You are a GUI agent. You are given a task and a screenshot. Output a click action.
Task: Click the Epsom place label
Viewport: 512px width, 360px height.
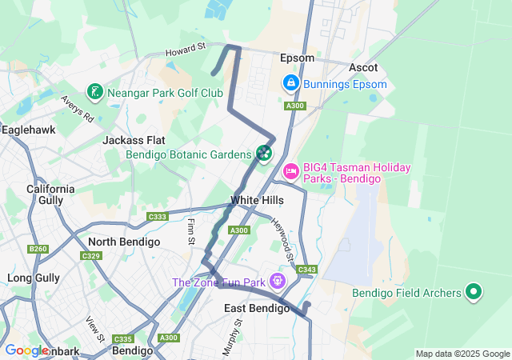click(297, 58)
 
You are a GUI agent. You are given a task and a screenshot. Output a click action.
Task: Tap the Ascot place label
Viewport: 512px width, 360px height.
click(363, 67)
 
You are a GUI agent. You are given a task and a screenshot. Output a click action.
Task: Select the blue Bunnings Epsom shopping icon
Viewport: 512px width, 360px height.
click(290, 83)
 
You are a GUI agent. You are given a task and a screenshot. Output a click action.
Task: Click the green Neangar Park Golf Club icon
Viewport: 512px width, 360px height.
click(95, 92)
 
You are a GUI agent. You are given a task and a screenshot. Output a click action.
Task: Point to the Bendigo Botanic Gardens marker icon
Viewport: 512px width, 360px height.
click(264, 152)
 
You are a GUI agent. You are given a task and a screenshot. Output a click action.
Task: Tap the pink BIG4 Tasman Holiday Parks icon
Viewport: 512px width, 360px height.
click(290, 170)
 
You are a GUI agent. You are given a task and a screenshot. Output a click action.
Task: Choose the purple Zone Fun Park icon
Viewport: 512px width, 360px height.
click(277, 282)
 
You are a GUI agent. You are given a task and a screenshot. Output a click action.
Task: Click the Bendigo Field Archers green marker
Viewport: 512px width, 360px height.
click(474, 293)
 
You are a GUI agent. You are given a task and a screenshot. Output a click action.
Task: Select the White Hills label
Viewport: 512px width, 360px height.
click(257, 200)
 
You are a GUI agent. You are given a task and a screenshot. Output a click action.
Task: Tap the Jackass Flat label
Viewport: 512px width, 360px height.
click(134, 140)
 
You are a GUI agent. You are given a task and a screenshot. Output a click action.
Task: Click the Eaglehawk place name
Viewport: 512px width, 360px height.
click(28, 129)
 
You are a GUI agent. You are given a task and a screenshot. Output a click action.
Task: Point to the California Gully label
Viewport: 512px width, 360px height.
click(50, 195)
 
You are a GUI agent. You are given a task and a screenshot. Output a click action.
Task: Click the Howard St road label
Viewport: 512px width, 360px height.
click(186, 50)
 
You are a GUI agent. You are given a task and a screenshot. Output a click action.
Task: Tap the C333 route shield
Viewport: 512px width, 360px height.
click(158, 217)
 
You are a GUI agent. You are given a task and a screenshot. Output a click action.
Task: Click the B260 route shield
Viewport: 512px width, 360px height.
click(38, 250)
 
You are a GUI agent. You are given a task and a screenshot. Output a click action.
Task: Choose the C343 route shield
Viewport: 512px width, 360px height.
click(306, 270)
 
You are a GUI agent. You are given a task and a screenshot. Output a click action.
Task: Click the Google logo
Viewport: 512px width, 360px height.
click(26, 350)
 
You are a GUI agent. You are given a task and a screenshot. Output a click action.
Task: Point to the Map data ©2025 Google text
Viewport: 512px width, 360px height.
click(462, 354)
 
